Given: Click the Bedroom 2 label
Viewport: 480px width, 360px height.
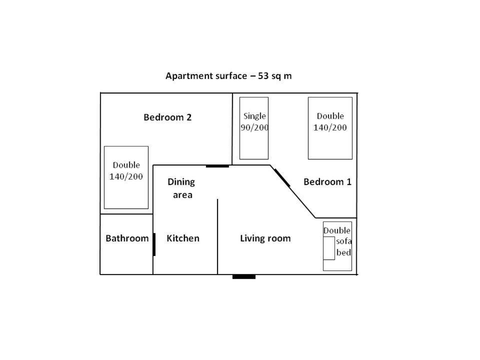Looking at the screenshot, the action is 167,117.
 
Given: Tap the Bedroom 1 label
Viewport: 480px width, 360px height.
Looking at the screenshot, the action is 327,182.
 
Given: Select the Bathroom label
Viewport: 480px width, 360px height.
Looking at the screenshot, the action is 127,238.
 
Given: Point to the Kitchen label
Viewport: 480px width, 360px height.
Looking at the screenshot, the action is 183,238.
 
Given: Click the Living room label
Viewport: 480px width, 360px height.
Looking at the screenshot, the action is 265,238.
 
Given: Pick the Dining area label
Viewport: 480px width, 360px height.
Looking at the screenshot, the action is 181,188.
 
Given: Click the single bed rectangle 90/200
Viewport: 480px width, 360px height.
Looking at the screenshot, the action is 254,128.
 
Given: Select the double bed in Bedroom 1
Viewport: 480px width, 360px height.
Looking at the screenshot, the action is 330,128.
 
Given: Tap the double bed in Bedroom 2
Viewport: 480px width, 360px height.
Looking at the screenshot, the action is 126,177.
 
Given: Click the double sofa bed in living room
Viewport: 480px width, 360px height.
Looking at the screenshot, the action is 337,246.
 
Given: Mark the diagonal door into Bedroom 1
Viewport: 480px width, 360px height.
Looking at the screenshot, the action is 282,178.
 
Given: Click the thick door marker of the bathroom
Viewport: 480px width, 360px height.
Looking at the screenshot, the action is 154,244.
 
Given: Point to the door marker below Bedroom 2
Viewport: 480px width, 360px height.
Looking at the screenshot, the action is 217,166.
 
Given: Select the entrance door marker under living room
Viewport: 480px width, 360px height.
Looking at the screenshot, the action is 244,276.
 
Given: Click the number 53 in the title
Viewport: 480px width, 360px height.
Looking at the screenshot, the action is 263,76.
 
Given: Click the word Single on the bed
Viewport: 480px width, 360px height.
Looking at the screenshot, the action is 254,116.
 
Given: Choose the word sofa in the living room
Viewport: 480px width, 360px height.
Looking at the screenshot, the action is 344,241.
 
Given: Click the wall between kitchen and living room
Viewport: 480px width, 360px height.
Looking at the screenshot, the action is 217,236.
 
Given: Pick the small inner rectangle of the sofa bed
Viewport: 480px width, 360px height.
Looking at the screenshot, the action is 329,248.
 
